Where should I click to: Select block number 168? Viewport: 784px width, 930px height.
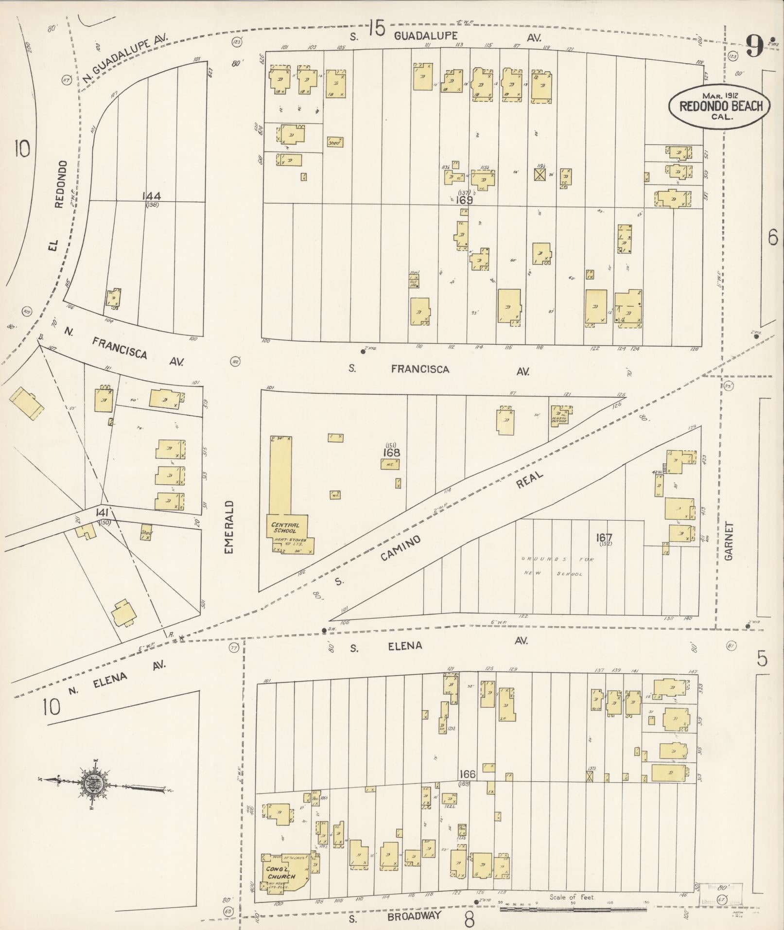click(x=391, y=453)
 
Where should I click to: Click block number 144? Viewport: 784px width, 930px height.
click(x=152, y=196)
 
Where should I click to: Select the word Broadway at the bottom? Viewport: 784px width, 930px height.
click(x=414, y=916)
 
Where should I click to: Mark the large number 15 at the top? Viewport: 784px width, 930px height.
click(x=376, y=28)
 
